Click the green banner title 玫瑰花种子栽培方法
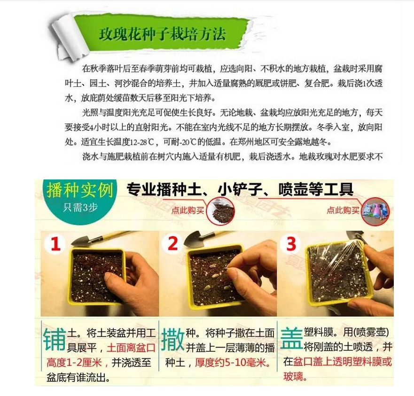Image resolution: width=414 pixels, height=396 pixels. coord(163,34)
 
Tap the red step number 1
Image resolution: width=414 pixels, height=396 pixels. coord(55,243)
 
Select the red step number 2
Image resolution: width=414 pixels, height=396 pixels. coord(173,243)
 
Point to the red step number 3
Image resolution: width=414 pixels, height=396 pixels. coord(291,243)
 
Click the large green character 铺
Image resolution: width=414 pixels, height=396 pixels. coord(55,340)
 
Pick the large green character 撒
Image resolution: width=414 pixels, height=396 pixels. coord(173,340)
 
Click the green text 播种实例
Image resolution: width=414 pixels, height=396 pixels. coord(80,190)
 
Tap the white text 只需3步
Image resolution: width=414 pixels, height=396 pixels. coord(80,208)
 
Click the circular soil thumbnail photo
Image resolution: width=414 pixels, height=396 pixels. coord(221,211)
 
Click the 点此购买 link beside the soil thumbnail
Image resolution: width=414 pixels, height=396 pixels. coord(187,210)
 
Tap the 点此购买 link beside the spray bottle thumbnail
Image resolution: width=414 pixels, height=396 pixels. coord(343,210)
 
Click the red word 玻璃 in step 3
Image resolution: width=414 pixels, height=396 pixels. coord(293,376)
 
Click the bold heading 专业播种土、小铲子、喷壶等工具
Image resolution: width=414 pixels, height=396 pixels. coord(240,189)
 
